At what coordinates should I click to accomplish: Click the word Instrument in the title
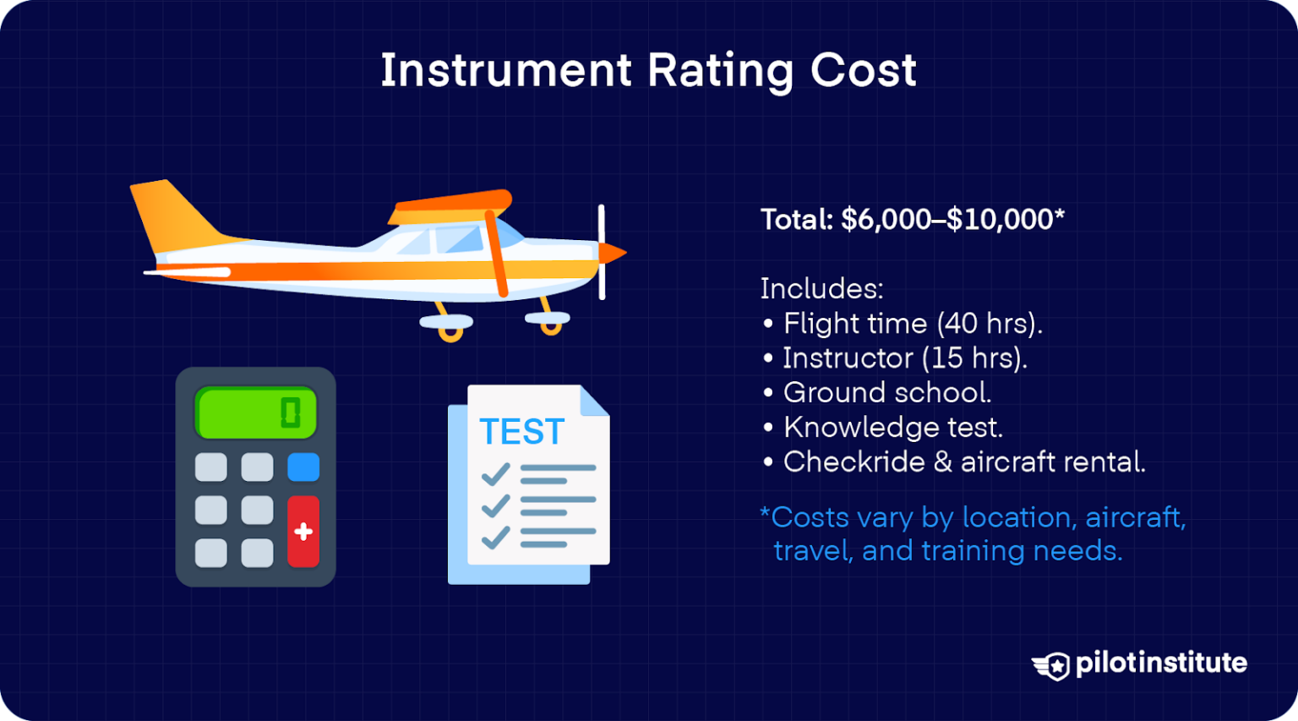pos(505,70)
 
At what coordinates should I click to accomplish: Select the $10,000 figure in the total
pos(1000,220)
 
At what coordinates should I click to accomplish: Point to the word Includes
pos(821,289)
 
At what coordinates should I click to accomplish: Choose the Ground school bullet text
pos(887,393)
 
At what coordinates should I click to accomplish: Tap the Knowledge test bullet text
pos(892,428)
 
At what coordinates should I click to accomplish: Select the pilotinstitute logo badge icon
pos(1052,665)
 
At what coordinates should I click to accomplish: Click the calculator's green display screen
pos(255,413)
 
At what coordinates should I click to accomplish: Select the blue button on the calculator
pos(303,467)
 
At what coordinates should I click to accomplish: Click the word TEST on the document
pos(521,433)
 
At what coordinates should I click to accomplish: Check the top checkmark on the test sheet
pos(495,474)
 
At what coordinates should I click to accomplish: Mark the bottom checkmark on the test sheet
pos(495,537)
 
